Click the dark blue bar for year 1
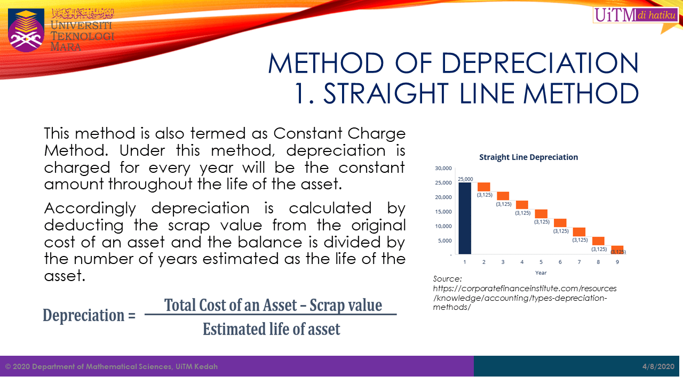point(465,218)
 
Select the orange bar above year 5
point(541,213)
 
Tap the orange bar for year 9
point(617,250)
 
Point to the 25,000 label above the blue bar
point(465,179)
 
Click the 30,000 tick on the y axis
point(443,169)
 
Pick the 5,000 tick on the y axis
point(444,241)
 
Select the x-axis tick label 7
point(579,262)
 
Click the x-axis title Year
point(541,273)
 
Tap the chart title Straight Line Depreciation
point(528,157)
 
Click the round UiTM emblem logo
point(26,30)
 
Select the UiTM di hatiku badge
point(635,15)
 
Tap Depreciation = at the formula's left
point(89,315)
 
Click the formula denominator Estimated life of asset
point(271,329)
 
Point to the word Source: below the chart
point(447,278)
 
